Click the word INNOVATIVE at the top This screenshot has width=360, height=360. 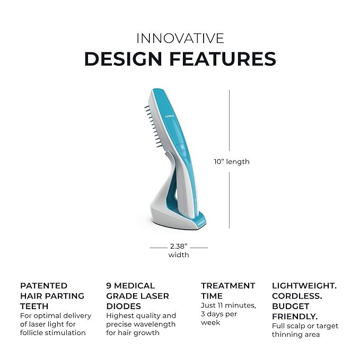click(180, 38)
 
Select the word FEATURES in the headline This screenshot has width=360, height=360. click(229, 59)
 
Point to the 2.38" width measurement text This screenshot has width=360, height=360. click(179, 247)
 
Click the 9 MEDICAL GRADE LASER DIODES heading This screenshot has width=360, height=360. click(137, 296)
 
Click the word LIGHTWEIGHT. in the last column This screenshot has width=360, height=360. click(304, 286)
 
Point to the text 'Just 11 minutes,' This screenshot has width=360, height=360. click(228, 305)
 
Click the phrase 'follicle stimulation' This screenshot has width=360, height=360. click(52, 333)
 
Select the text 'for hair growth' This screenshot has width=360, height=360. click(133, 333)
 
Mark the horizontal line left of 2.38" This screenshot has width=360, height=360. click(158, 247)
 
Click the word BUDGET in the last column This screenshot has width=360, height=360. click(291, 306)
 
